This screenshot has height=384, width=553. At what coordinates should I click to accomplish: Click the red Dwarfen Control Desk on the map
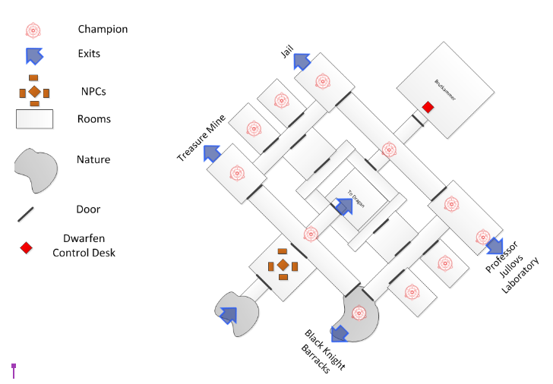[428, 108]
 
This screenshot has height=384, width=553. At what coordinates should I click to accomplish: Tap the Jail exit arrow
[303, 61]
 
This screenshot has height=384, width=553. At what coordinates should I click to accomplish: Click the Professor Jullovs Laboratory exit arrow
[495, 245]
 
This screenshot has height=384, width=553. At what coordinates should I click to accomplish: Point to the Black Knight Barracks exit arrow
[340, 332]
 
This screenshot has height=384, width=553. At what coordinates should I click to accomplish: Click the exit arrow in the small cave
[227, 313]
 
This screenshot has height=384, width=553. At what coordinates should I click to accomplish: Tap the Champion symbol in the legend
[33, 30]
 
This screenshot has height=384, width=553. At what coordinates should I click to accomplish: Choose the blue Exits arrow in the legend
[34, 55]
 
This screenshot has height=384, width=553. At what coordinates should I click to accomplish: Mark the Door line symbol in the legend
[29, 212]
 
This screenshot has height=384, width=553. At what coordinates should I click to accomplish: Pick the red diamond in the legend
[26, 247]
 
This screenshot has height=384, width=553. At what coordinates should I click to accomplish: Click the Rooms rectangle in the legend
[34, 119]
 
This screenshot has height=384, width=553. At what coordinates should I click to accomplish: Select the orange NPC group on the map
[283, 264]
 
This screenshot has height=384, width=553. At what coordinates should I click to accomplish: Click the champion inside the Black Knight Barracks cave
[359, 312]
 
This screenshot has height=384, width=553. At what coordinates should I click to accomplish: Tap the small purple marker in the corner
[13, 370]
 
